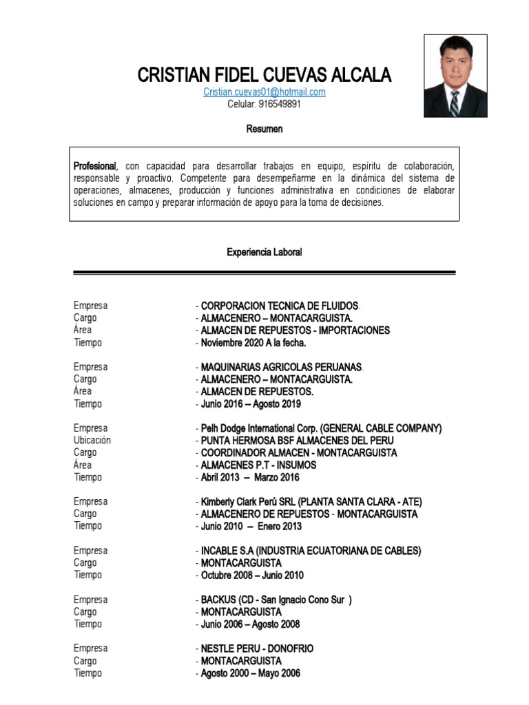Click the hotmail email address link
[264, 92]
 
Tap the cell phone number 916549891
[264, 105]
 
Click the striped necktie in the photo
[455, 103]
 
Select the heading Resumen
[264, 129]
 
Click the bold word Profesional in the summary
[95, 167]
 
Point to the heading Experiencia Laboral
[264, 253]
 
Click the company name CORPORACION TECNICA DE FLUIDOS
[279, 306]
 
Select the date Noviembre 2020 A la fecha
[253, 343]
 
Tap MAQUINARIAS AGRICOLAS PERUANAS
[281, 367]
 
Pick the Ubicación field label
[92, 440]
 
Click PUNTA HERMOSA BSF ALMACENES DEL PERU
[297, 441]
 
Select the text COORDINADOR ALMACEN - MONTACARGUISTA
[298, 453]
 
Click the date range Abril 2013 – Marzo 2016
[250, 478]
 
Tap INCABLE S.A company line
[310, 551]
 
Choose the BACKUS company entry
[276, 600]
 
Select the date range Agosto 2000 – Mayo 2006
[250, 673]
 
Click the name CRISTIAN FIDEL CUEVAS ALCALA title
[264, 75]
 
